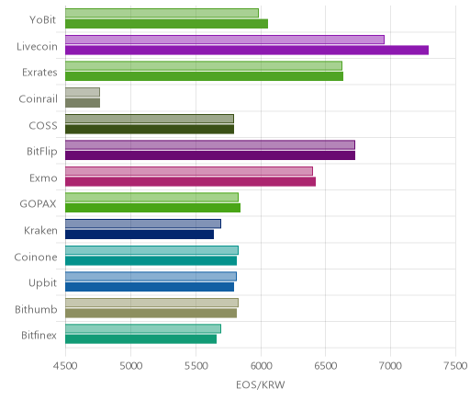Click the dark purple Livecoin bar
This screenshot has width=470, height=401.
247,50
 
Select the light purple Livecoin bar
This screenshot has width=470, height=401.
225,40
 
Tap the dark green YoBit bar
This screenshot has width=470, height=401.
167,24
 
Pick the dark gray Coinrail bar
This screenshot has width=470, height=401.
83,103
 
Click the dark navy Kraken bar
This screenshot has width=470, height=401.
140,235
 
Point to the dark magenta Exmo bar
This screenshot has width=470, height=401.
191,181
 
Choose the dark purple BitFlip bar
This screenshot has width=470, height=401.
210,155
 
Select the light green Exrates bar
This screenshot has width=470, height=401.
204,66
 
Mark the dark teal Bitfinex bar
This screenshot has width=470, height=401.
141,339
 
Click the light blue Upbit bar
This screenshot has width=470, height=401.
151,276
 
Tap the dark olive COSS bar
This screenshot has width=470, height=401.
150,129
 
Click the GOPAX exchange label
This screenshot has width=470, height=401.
38,204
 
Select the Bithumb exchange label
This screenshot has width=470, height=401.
36,309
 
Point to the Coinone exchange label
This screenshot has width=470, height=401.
36,257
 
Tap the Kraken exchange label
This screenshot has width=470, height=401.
40,230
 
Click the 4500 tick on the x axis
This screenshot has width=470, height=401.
65,366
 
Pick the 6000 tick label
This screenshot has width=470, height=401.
261,366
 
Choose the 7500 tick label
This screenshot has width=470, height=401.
455,366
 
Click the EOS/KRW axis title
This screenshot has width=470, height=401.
261,384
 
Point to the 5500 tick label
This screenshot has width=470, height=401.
196,366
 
